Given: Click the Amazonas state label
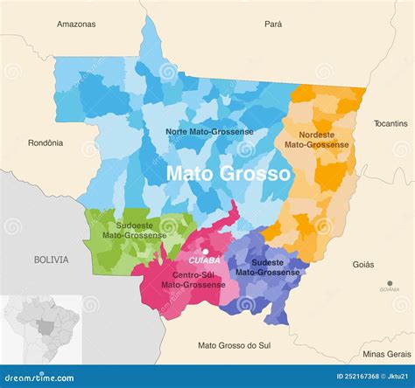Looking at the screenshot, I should click(x=76, y=24).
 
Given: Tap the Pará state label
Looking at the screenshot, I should click(x=273, y=24).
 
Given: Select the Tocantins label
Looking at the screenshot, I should click(x=390, y=123).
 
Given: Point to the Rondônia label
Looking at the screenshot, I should click(x=46, y=142).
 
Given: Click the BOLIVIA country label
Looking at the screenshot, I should click(x=51, y=260).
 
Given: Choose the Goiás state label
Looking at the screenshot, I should click(x=363, y=264).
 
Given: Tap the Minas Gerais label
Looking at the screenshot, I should click(x=386, y=354).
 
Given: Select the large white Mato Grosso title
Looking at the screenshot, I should click(x=229, y=174).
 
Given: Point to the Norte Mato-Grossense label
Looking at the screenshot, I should click(x=210, y=131).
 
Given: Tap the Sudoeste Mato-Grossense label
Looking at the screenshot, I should click(x=134, y=230).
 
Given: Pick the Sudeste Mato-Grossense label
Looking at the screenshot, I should click(x=268, y=267).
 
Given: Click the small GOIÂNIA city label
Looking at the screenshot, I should click(x=390, y=288).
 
